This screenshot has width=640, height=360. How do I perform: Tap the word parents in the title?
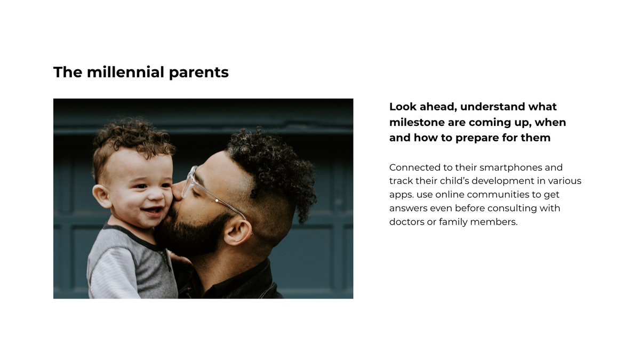click(x=198, y=73)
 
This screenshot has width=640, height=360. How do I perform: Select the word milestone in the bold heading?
click(x=417, y=122)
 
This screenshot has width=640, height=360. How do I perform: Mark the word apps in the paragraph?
click(x=400, y=195)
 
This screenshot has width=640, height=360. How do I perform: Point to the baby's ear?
click(x=101, y=196)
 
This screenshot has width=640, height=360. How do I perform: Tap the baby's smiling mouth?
click(x=153, y=211)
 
